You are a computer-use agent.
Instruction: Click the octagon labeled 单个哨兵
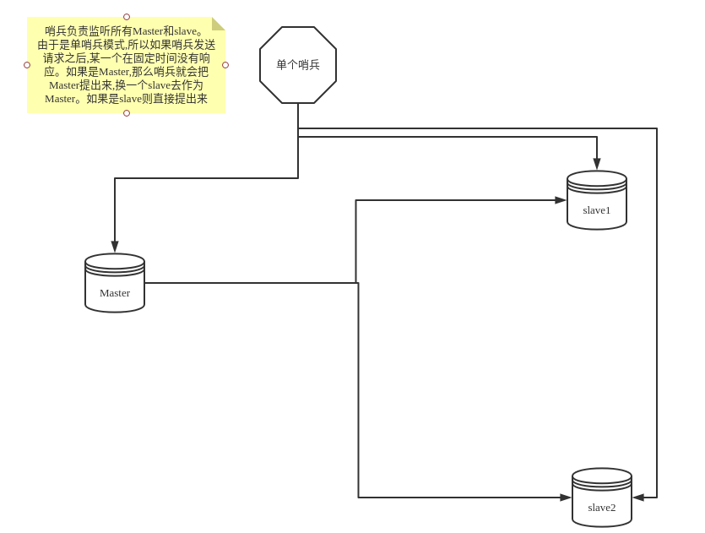pos(298,65)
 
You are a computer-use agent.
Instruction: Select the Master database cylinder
pos(115,283)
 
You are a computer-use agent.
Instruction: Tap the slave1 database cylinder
pos(597,200)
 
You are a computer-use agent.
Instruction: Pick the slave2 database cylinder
pos(602,498)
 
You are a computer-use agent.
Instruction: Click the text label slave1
pos(597,210)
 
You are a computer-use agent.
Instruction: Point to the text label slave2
pos(602,508)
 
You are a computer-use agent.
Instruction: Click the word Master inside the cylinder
pos(115,293)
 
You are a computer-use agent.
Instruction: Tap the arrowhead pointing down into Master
pos(115,247)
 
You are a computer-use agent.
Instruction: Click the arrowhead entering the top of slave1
pos(597,164)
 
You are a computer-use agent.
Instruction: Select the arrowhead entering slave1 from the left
pos(561,200)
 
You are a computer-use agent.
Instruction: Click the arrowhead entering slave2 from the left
pos(566,498)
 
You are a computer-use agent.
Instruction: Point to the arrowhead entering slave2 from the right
pos(638,498)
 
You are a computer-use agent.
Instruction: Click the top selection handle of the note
pos(127,17)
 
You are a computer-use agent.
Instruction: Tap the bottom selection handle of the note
pos(127,113)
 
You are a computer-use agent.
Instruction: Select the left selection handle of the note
pos(27,65)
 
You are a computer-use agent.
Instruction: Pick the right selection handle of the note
pos(225,65)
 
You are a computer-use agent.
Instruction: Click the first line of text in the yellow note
pos(124,31)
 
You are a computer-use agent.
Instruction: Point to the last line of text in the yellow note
pos(126,99)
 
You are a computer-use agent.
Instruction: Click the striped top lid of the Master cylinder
pos(115,264)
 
